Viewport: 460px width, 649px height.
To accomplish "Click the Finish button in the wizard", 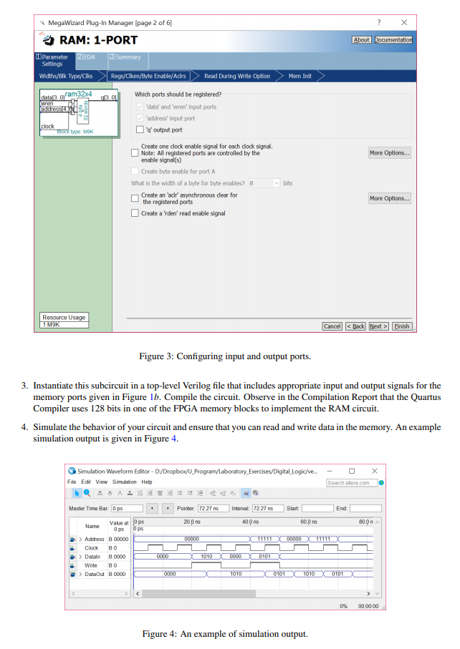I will [402, 326].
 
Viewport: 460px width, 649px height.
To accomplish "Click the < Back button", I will [355, 326].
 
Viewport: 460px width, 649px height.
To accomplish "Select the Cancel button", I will [332, 326].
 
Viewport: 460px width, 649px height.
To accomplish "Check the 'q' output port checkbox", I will [140, 130].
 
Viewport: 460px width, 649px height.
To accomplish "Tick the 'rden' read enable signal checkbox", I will [135, 213].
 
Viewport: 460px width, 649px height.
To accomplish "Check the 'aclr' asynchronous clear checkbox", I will [135, 198].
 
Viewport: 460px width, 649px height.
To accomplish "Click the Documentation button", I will [393, 40].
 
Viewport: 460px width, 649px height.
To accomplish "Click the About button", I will [362, 40].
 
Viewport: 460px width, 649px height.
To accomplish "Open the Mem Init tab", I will [300, 76].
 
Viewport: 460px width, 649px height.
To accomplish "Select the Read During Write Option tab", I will [237, 76].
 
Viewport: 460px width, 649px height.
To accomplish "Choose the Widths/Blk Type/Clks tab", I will [66, 76].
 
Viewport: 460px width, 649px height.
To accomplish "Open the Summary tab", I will [126, 57].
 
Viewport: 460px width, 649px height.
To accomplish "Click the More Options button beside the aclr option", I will [390, 198].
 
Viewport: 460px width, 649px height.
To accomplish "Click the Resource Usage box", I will [64, 321].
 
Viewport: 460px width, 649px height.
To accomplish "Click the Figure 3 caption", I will [225, 356].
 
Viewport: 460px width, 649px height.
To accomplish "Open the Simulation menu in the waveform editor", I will [124, 482].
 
